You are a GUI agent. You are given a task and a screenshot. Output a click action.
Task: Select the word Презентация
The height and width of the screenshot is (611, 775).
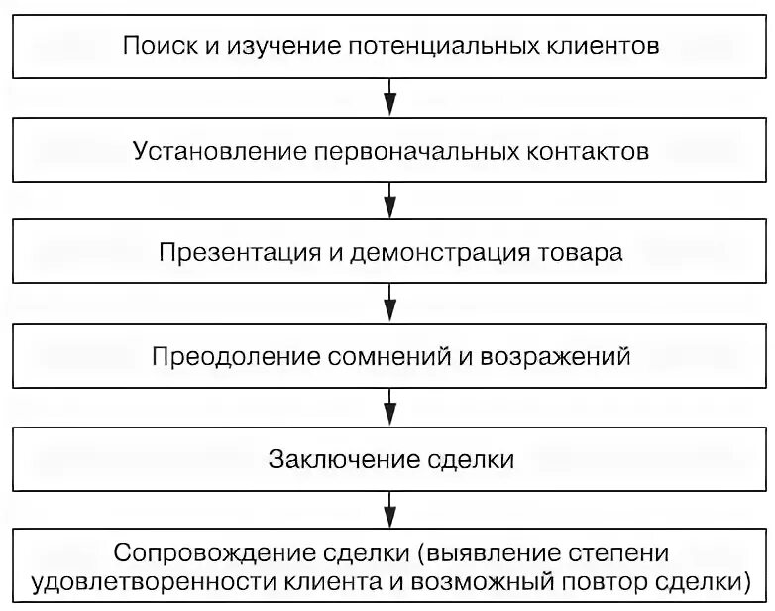[227, 253]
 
